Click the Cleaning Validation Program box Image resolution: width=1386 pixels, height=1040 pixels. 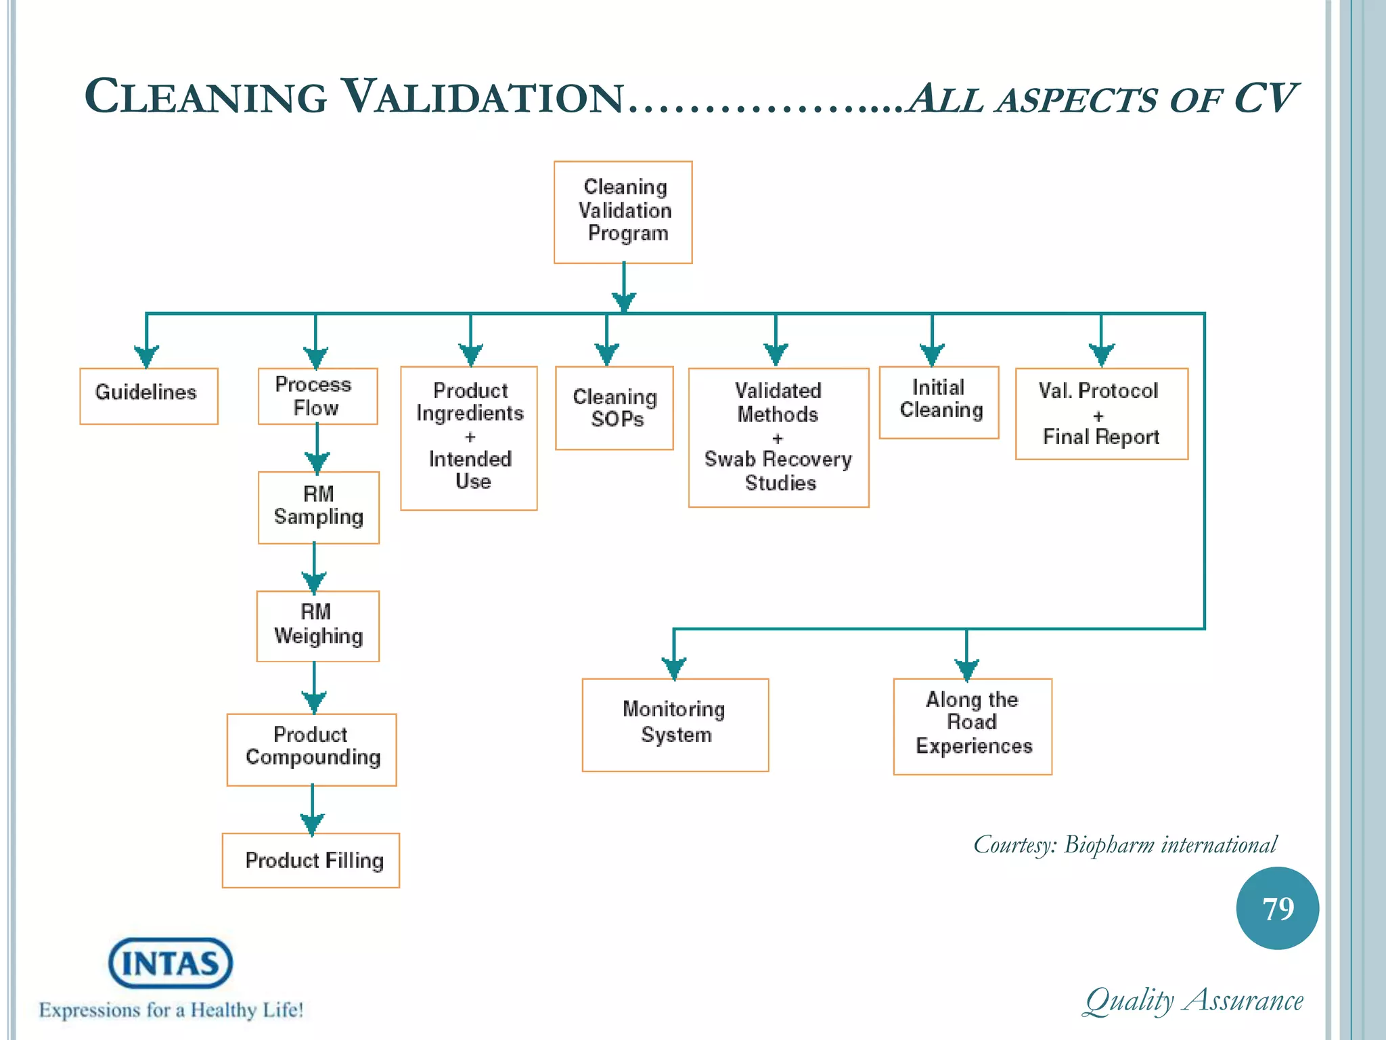pyautogui.click(x=623, y=212)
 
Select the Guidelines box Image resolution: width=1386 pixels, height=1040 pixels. pyautogui.click(x=148, y=396)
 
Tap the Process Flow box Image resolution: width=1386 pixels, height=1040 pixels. pyautogui.click(x=317, y=396)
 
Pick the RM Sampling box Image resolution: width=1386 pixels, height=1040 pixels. pyautogui.click(x=318, y=507)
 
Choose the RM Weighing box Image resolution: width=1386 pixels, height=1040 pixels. pyautogui.click(x=317, y=626)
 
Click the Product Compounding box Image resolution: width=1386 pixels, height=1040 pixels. pyautogui.click(x=311, y=749)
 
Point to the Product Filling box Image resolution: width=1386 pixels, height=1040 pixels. pyautogui.click(x=311, y=860)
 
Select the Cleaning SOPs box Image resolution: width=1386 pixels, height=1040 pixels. pyautogui.click(x=614, y=408)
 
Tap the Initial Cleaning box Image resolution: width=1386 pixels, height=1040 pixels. pyautogui.click(x=939, y=402)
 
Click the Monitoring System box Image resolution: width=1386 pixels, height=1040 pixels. pyautogui.click(x=675, y=724)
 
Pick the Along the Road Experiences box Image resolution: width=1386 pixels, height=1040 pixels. pyautogui.click(x=973, y=726)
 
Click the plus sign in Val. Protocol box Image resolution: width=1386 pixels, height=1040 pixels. pyautogui.click(x=1098, y=416)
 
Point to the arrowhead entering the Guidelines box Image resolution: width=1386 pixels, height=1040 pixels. pyautogui.click(x=146, y=355)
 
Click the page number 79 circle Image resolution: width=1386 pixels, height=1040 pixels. pyautogui.click(x=1277, y=908)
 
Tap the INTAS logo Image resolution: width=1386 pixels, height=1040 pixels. pyautogui.click(x=171, y=962)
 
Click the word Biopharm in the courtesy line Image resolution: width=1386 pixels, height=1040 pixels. pyautogui.click(x=1109, y=845)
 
